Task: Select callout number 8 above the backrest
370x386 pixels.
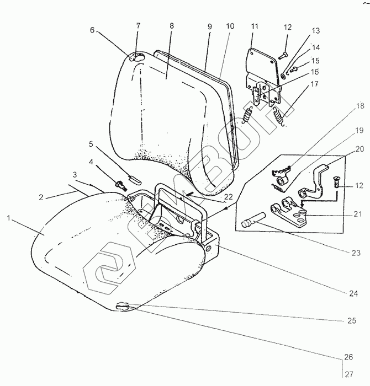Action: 172,26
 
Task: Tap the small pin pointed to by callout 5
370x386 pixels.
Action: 135,179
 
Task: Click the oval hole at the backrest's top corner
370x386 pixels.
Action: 136,57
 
